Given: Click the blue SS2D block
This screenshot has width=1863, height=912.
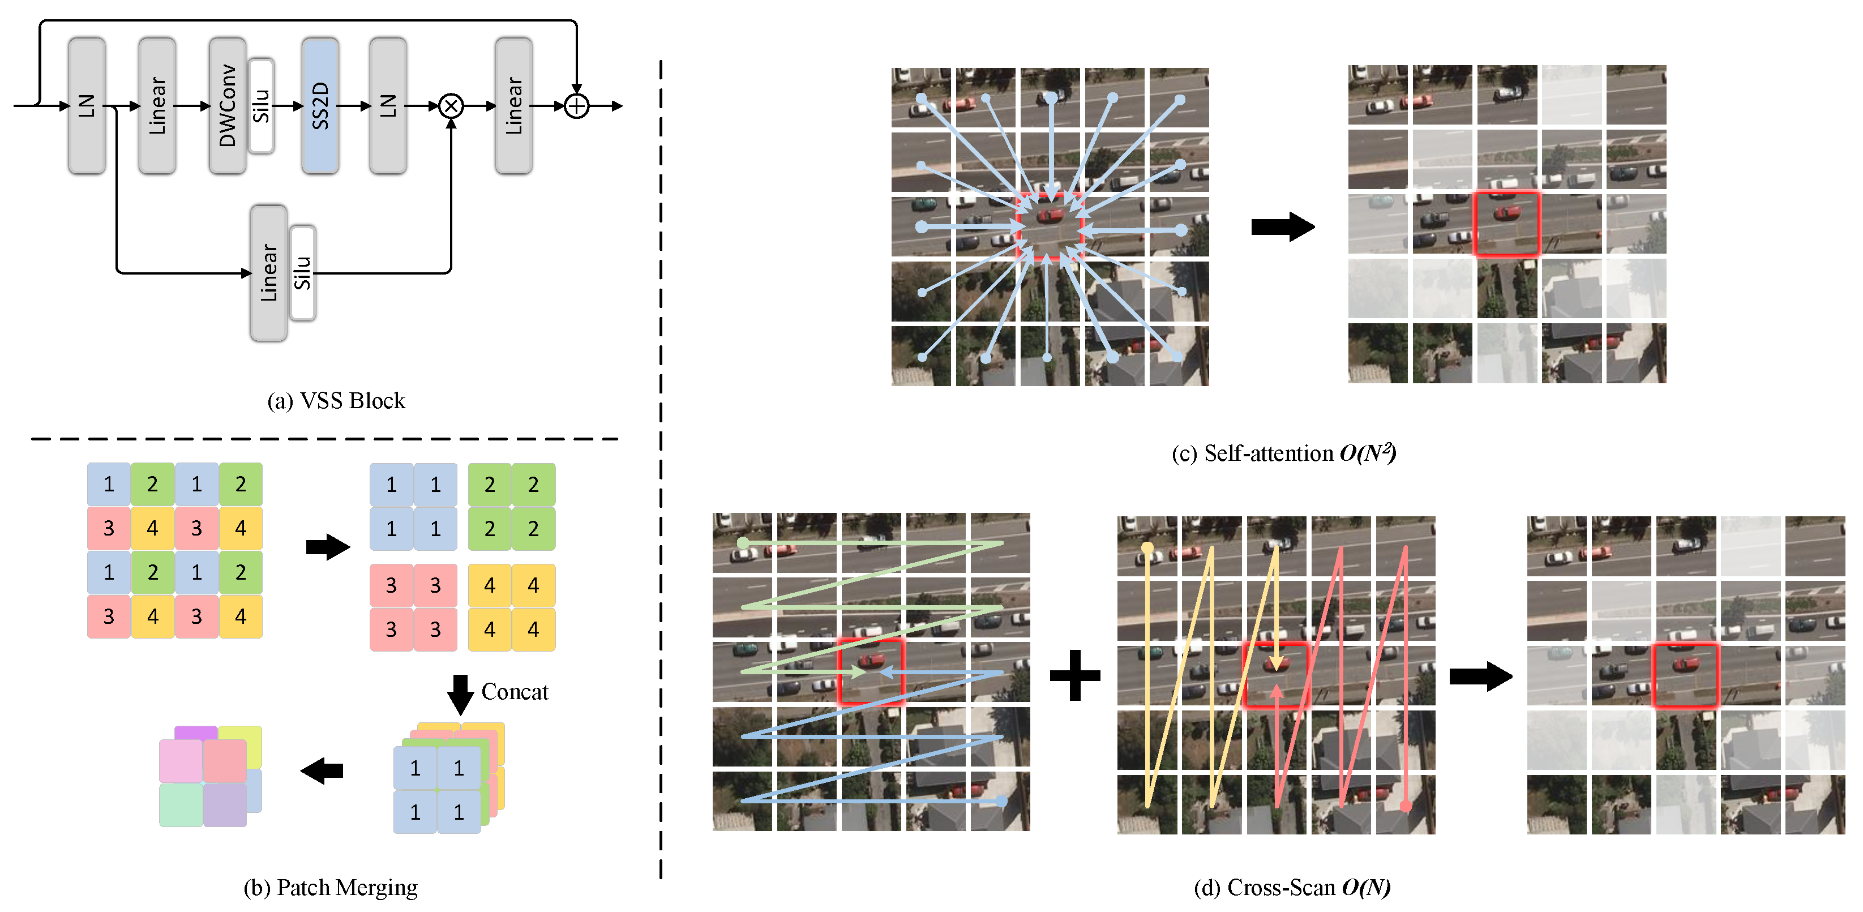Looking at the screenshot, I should click(x=320, y=106).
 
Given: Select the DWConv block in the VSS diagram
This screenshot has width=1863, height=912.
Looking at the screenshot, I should click(x=227, y=106).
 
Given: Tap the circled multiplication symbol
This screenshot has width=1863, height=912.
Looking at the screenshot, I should click(x=451, y=106).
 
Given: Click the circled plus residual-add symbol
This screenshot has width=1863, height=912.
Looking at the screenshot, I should click(x=576, y=106).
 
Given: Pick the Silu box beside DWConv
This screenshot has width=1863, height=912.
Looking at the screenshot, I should click(x=261, y=106).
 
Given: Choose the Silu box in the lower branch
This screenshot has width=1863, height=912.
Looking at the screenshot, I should click(x=302, y=273).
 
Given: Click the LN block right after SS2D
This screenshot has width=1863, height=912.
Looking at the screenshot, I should click(x=388, y=106).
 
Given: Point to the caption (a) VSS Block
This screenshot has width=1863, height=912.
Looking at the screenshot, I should click(x=336, y=401).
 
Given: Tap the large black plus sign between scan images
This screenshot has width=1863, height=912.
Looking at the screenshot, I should click(x=1074, y=675).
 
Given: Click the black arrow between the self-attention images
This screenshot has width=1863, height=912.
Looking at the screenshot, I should click(x=1282, y=226).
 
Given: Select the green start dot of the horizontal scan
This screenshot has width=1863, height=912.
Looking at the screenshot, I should click(x=743, y=542).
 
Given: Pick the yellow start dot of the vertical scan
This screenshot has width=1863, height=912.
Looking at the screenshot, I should click(x=1147, y=548).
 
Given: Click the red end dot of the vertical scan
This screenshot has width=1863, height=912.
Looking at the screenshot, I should click(x=1405, y=805).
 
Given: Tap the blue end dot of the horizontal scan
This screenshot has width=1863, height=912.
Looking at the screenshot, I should click(x=1001, y=800).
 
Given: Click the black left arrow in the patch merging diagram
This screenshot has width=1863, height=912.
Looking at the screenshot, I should click(x=322, y=770).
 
